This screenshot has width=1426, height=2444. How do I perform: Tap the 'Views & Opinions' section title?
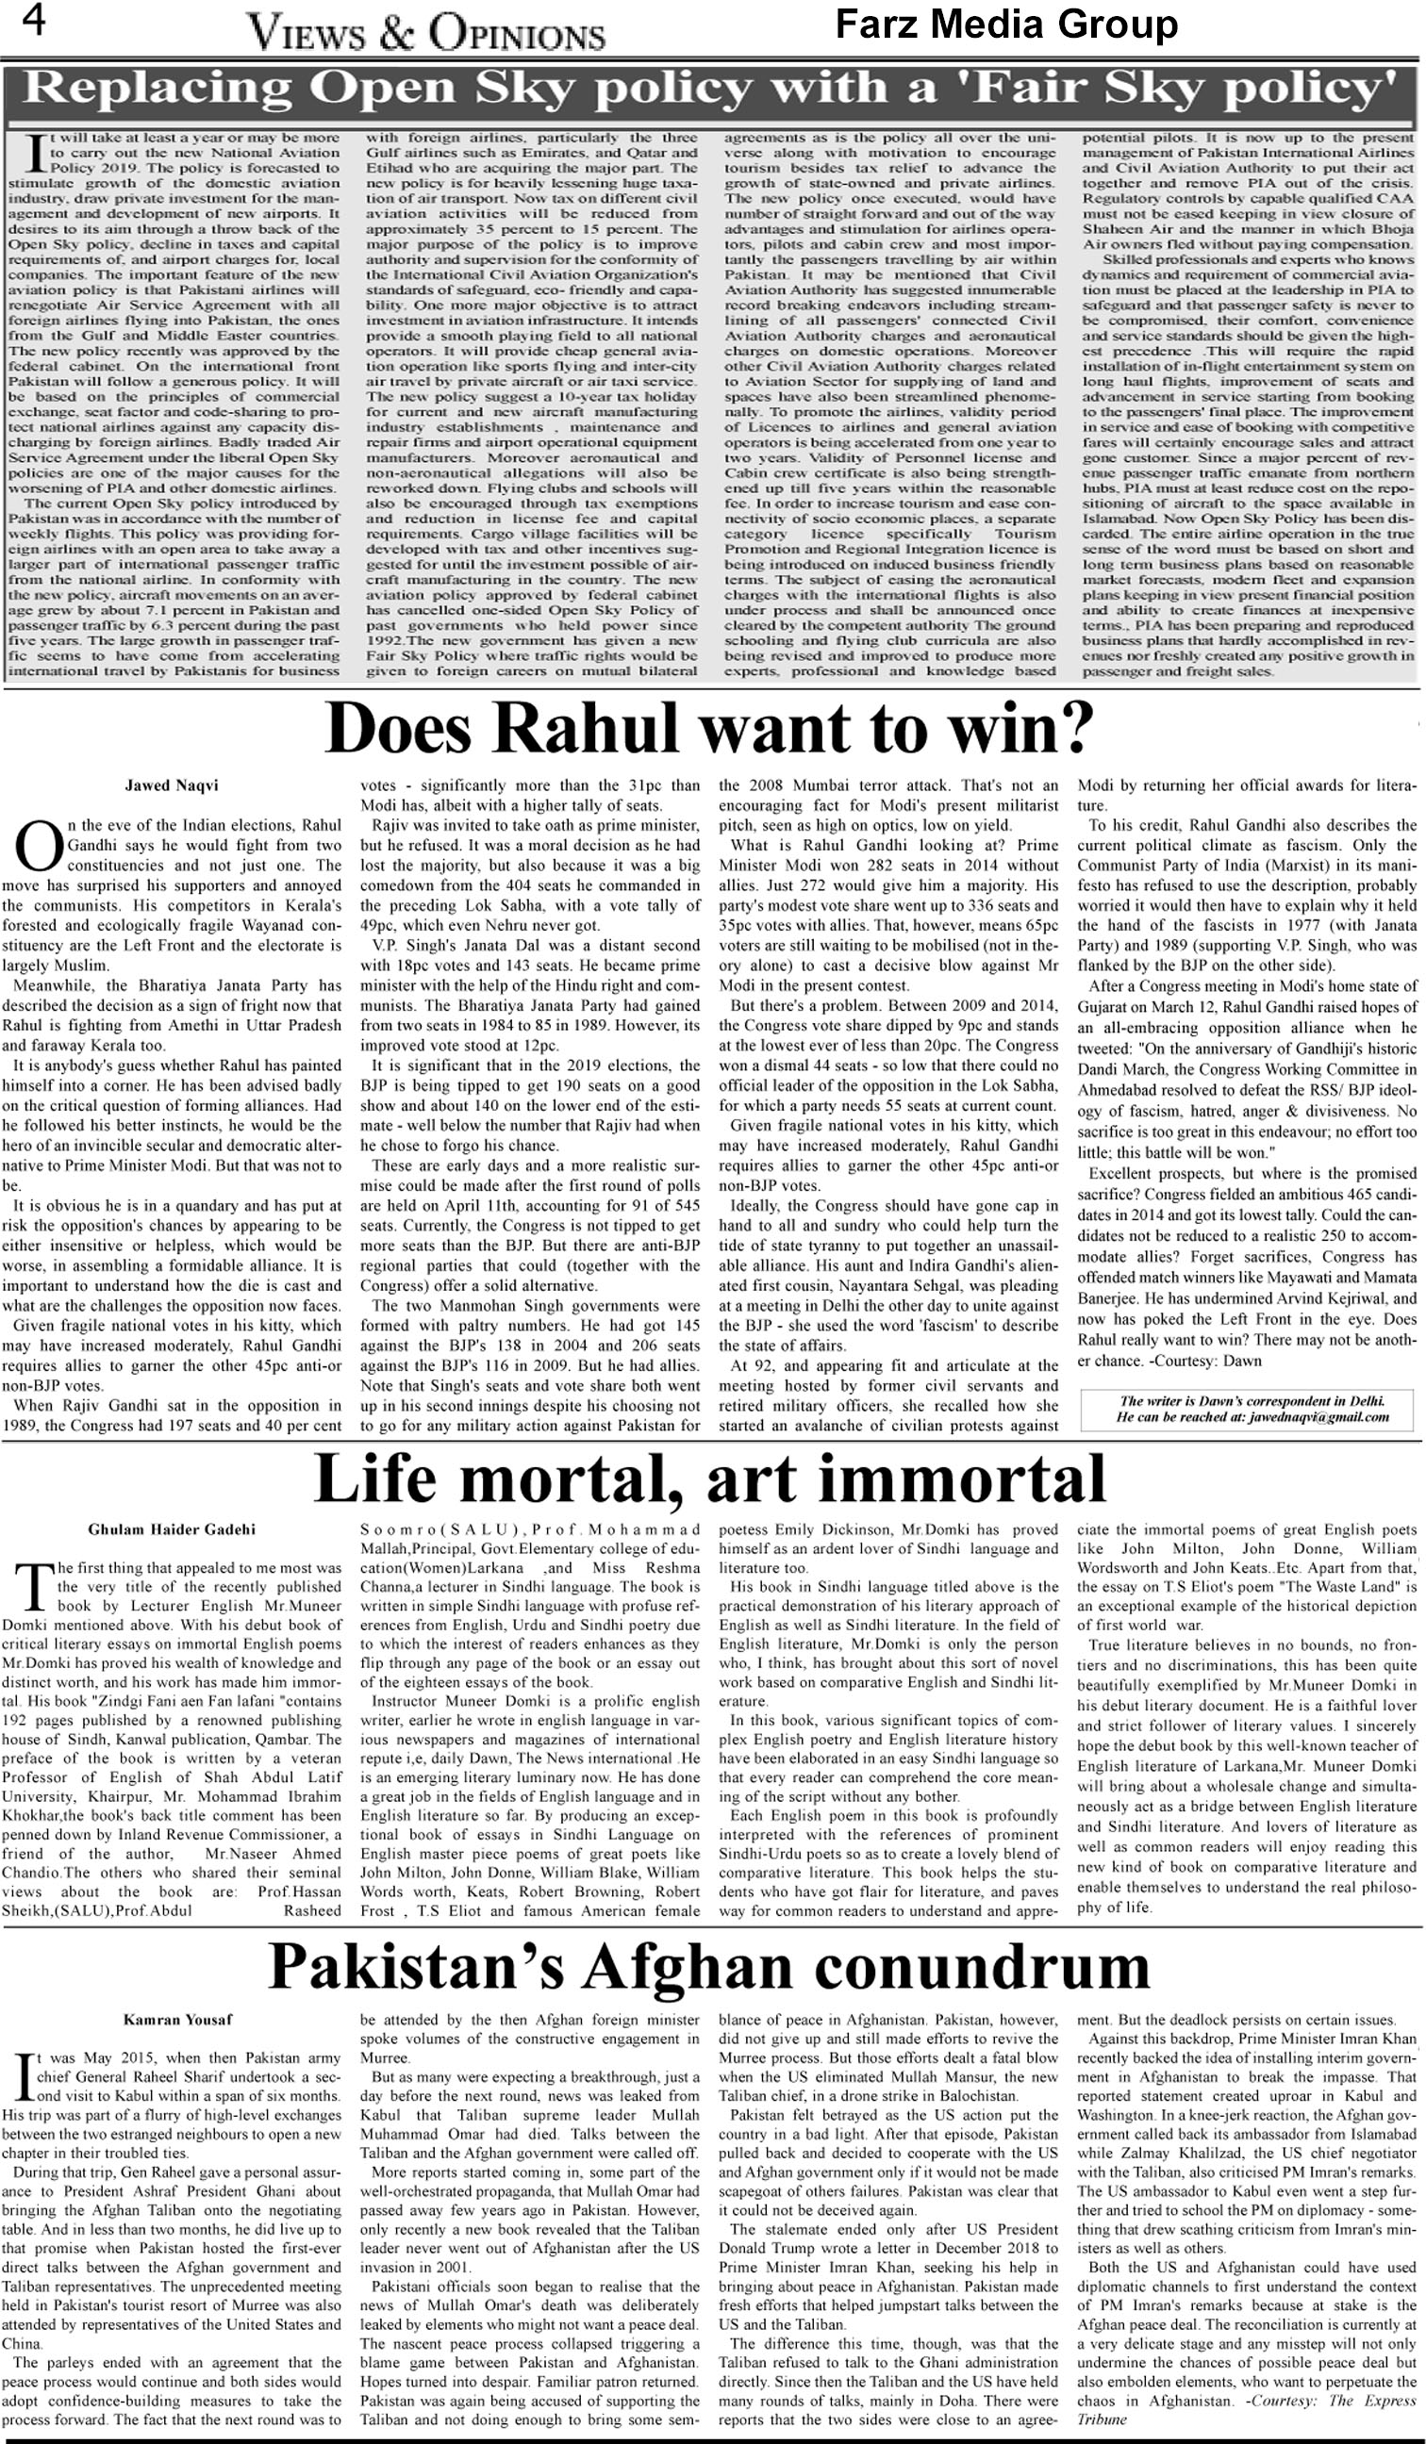(426, 35)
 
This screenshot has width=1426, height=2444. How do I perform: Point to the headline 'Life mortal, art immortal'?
(709, 1479)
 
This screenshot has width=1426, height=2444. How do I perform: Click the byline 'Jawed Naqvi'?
(158, 785)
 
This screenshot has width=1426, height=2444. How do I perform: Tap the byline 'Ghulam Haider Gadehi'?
(172, 1529)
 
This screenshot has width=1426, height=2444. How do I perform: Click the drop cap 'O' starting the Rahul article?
(39, 845)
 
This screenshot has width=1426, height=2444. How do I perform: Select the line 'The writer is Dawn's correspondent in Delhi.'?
(1252, 1400)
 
